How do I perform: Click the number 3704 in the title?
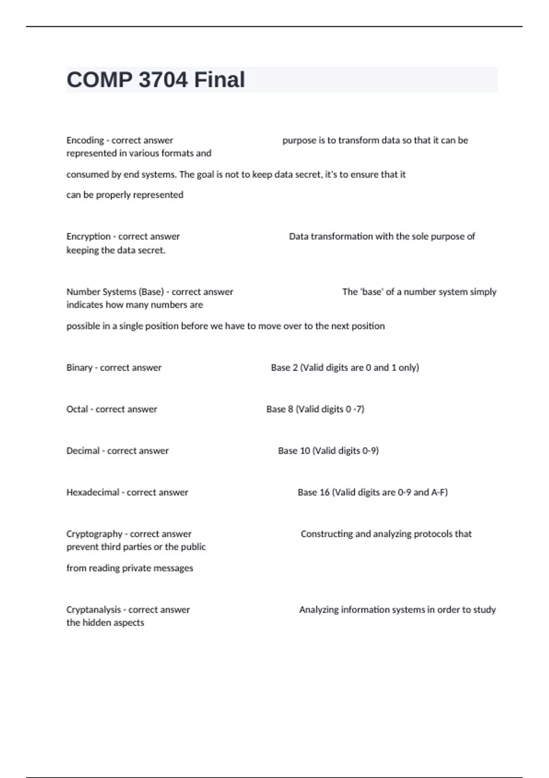click(163, 80)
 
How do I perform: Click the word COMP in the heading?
click(99, 80)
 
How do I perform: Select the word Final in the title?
click(220, 80)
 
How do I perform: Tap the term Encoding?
click(85, 140)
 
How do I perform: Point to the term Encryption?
click(88, 237)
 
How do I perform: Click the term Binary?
click(79, 367)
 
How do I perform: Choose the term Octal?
click(77, 409)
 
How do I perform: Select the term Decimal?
click(83, 451)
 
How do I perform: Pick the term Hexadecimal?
click(93, 492)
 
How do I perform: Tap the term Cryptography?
click(94, 534)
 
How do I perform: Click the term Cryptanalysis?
click(93, 610)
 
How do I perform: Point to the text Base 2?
click(284, 367)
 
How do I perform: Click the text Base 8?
click(280, 409)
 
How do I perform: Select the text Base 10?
click(294, 451)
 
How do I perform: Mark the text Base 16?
click(313, 492)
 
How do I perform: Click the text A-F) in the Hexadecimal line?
click(439, 492)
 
